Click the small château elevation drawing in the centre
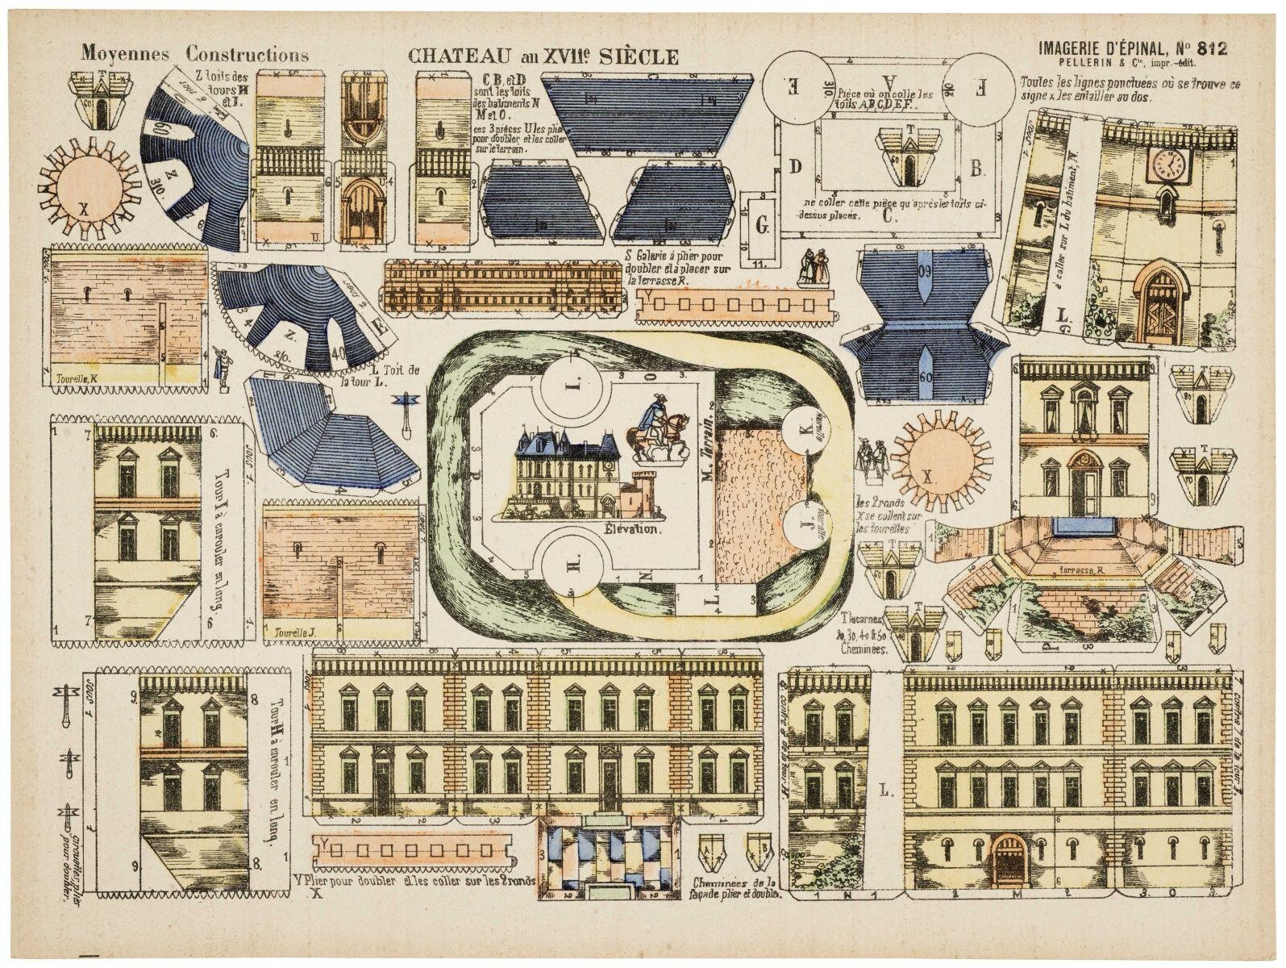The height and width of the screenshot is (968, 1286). (564, 476)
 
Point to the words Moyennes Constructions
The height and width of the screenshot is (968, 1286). (194, 55)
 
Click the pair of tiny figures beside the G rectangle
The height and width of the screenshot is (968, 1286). (812, 268)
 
